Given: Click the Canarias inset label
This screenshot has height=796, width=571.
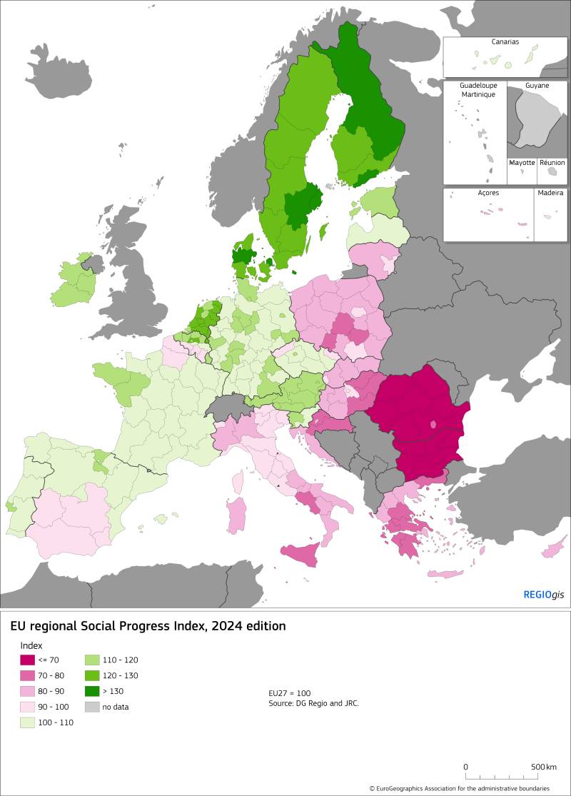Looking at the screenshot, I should pyautogui.click(x=505, y=42).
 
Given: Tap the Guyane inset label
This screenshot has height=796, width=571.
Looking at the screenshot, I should pyautogui.click(x=537, y=86).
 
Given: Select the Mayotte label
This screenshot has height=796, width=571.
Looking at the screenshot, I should pyautogui.click(x=522, y=163).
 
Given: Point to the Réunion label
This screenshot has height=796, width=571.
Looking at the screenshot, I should pyautogui.click(x=552, y=163).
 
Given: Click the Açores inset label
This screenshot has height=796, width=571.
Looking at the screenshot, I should pyautogui.click(x=489, y=193).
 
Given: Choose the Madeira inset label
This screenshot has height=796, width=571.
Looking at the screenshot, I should pyautogui.click(x=550, y=193).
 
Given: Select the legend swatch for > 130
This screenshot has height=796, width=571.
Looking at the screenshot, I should pyautogui.click(x=93, y=691).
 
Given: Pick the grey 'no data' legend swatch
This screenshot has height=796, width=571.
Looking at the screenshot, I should pyautogui.click(x=93, y=707).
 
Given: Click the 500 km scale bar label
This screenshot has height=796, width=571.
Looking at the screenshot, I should pyautogui.click(x=542, y=767).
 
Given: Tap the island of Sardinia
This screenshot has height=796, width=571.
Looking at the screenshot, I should pyautogui.click(x=236, y=515).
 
